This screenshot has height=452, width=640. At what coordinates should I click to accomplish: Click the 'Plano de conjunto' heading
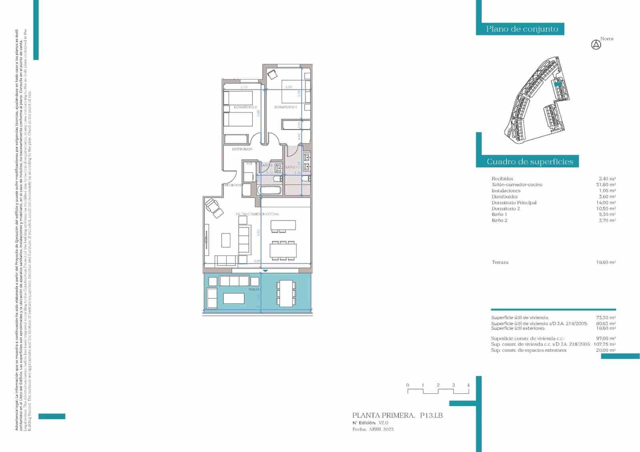(522, 29)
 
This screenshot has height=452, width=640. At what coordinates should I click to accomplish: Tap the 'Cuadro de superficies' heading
(530, 162)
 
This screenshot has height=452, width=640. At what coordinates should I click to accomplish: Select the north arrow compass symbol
(596, 45)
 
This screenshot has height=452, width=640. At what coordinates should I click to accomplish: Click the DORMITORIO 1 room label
(286, 107)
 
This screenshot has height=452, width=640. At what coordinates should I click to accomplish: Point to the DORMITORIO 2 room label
(245, 107)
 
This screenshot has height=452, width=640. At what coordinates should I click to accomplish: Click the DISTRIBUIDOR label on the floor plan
(242, 149)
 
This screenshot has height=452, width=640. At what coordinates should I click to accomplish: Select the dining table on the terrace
(286, 294)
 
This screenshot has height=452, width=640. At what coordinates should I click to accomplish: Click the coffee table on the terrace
(234, 298)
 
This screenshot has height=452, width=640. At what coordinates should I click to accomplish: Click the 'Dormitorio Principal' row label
(514, 203)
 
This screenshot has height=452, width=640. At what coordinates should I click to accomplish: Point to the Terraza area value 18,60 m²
(606, 262)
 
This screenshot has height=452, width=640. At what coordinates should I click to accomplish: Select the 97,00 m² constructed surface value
(606, 338)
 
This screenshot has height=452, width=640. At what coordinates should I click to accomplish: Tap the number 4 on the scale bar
(468, 385)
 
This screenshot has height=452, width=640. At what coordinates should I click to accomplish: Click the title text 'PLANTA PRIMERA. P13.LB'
(397, 416)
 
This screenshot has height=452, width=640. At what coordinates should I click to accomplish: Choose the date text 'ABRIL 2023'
(381, 429)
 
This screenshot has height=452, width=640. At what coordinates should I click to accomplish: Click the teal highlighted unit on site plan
(558, 84)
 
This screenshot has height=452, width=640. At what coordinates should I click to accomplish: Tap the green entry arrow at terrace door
(264, 271)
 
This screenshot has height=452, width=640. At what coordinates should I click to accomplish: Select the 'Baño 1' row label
(499, 214)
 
